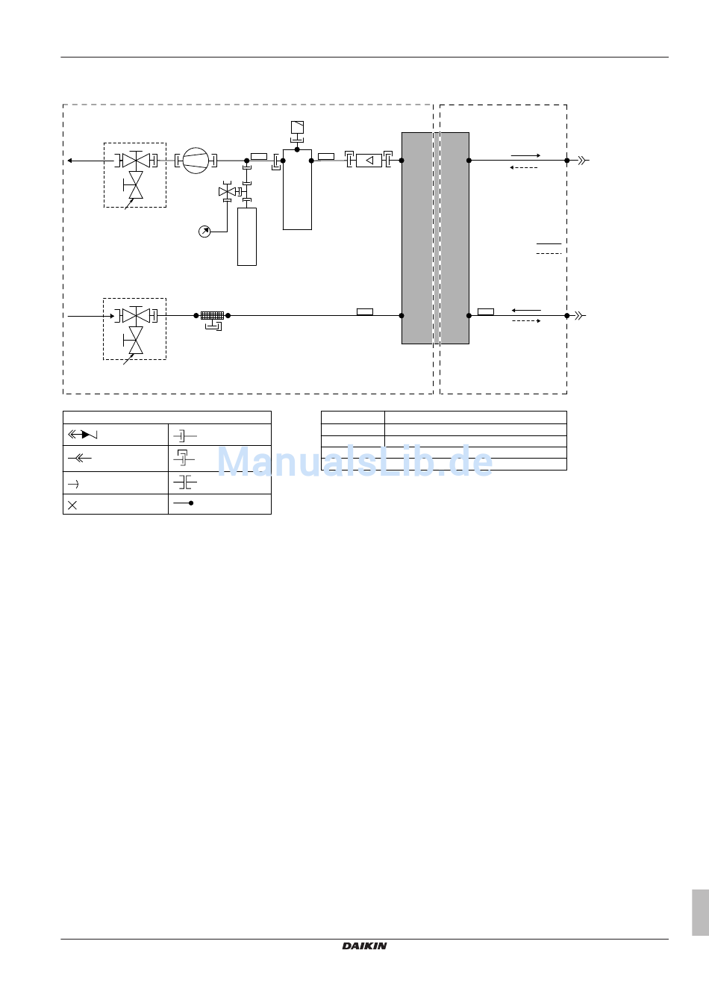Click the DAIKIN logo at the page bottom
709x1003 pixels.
pos(364,945)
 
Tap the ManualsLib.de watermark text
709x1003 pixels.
pos(354,462)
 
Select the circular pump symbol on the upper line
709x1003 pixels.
pos(196,161)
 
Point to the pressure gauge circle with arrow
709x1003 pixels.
pos(204,232)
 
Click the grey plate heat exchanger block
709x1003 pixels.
pos(435,238)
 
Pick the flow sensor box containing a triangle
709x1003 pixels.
pos(369,161)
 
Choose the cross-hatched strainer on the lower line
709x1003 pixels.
pos(212,316)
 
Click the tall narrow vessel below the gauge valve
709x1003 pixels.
pos(247,237)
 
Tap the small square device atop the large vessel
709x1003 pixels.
pos(297,127)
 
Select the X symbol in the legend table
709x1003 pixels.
pos(72,505)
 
